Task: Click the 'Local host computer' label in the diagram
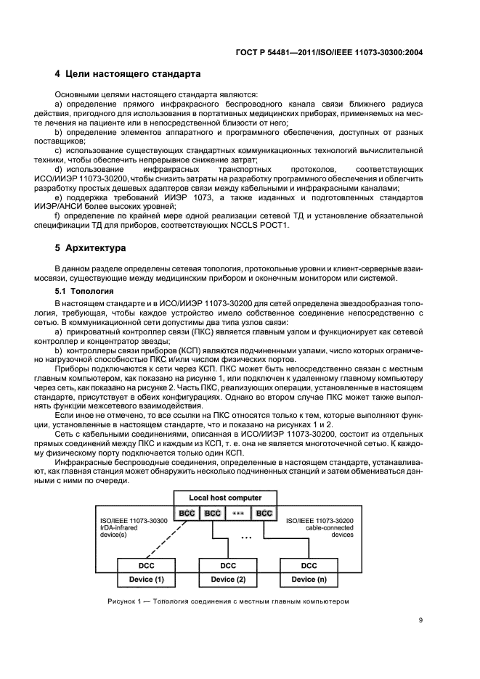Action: (x=225, y=497)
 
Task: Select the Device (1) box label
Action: (x=147, y=580)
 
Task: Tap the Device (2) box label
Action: (x=228, y=580)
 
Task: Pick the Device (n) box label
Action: (x=309, y=580)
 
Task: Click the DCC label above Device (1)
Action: (x=147, y=566)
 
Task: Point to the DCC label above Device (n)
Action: (x=309, y=566)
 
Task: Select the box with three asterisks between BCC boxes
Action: (x=238, y=513)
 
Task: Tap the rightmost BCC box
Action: (x=264, y=513)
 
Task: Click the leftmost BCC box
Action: (x=186, y=513)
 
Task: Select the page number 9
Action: (x=420, y=620)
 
